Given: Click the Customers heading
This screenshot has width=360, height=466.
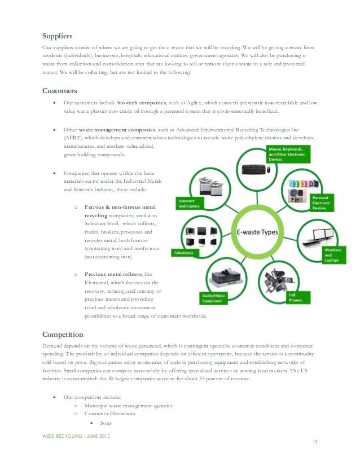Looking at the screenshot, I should pos(60,90).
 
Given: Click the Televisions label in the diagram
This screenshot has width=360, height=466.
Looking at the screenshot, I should pos(185,253).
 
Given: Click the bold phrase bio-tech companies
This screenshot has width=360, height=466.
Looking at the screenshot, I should pos(142,104).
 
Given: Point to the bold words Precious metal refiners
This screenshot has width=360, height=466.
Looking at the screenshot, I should pos(113,273).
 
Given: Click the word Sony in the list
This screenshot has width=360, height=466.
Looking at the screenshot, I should pos(106,423).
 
